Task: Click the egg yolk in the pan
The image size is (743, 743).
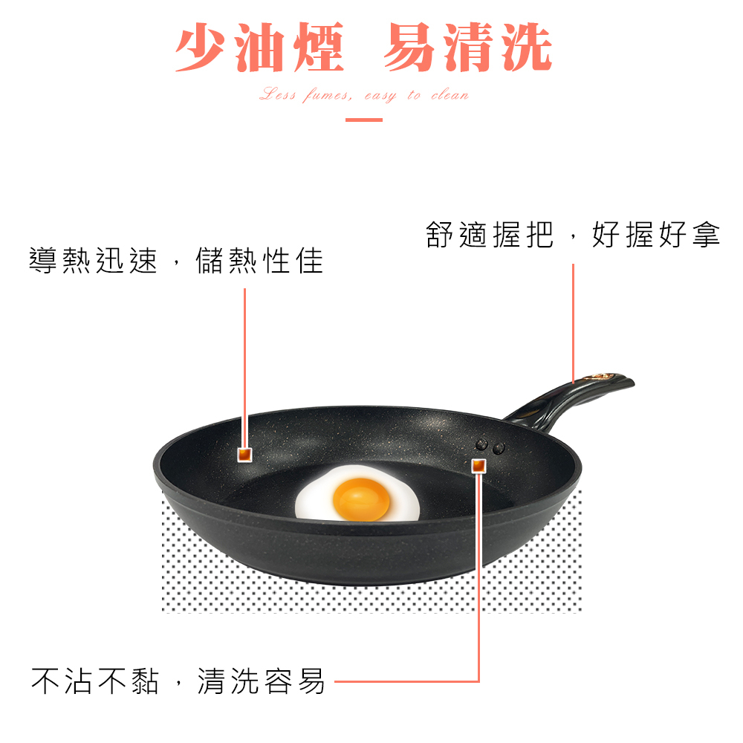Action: pyautogui.click(x=361, y=499)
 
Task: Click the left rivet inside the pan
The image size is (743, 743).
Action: pyautogui.click(x=482, y=445)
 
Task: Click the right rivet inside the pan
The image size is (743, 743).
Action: pyautogui.click(x=498, y=447)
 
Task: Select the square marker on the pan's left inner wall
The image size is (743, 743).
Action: pyautogui.click(x=244, y=455)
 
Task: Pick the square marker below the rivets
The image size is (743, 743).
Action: pyautogui.click(x=478, y=466)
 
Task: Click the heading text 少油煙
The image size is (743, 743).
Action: pyautogui.click(x=259, y=48)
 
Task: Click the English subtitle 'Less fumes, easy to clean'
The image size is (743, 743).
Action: pyautogui.click(x=364, y=95)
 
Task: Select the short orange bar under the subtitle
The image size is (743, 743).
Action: pyautogui.click(x=364, y=119)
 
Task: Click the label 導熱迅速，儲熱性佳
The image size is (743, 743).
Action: pyautogui.click(x=176, y=260)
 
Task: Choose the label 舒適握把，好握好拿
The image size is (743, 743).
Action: pyautogui.click(x=573, y=235)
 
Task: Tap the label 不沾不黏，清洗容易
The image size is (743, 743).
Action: pyautogui.click(x=178, y=680)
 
